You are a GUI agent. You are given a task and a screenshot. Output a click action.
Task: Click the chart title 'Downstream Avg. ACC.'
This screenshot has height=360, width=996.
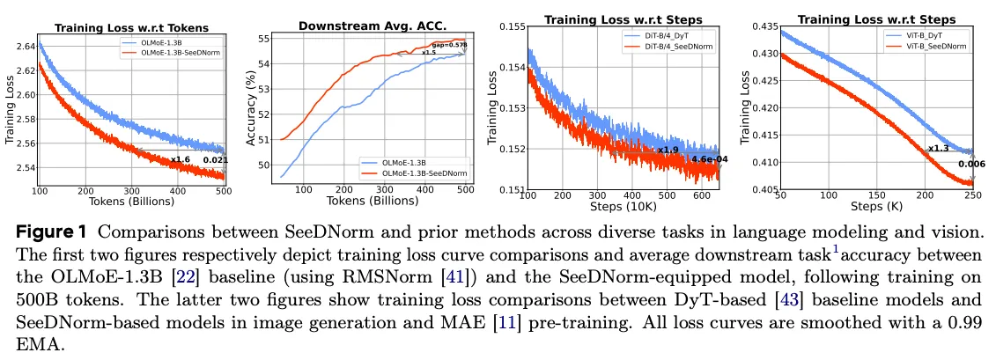pyautogui.click(x=373, y=26)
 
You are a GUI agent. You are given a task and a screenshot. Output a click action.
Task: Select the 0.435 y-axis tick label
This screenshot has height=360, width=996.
pyautogui.click(x=765, y=26)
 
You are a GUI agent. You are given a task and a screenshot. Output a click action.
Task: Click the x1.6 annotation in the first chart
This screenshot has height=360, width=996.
pyautogui.click(x=181, y=159)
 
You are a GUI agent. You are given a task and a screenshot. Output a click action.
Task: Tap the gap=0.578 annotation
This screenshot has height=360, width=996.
pyautogui.click(x=450, y=46)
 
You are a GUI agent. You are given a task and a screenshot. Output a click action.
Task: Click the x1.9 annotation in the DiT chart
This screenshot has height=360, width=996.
pyautogui.click(x=668, y=150)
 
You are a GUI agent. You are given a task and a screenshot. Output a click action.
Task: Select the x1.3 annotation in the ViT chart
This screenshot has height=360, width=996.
pyautogui.click(x=938, y=149)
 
